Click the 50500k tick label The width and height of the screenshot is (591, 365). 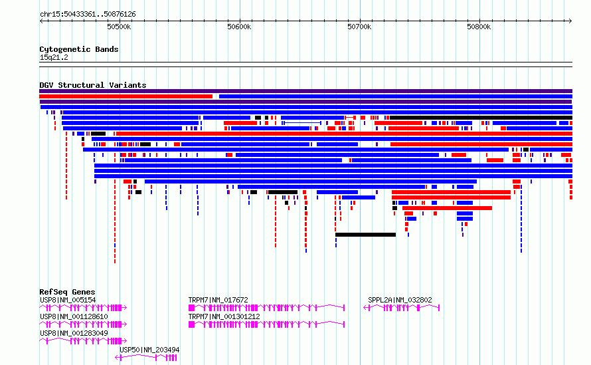click(x=119, y=27)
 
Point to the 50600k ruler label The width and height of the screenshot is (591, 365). click(x=239, y=27)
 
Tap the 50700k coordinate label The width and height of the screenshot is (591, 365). click(x=359, y=27)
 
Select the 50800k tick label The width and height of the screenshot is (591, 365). click(x=479, y=27)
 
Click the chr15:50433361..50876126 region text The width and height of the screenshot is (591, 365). click(x=88, y=15)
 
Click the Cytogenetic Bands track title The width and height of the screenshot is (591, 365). click(x=79, y=49)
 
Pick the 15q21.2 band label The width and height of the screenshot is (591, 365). click(x=54, y=57)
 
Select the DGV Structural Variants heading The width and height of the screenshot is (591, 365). click(x=93, y=85)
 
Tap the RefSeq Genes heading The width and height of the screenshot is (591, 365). click(x=67, y=292)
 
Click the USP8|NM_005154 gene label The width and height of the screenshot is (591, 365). click(x=68, y=300)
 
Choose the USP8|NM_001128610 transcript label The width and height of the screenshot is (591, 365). click(x=74, y=316)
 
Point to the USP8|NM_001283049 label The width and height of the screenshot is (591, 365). click(x=74, y=333)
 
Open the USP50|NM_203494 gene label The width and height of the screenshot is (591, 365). click(x=149, y=350)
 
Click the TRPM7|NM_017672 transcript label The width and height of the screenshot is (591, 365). click(x=218, y=300)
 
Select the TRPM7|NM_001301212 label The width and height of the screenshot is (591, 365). click(x=224, y=316)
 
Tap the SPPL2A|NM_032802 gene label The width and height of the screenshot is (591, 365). click(x=400, y=300)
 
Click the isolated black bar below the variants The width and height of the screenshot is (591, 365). click(x=366, y=235)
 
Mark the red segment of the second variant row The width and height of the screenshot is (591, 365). click(x=126, y=96)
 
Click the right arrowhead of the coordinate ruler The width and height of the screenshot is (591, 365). click(x=570, y=21)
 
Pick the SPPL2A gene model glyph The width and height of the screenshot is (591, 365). click(x=401, y=308)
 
